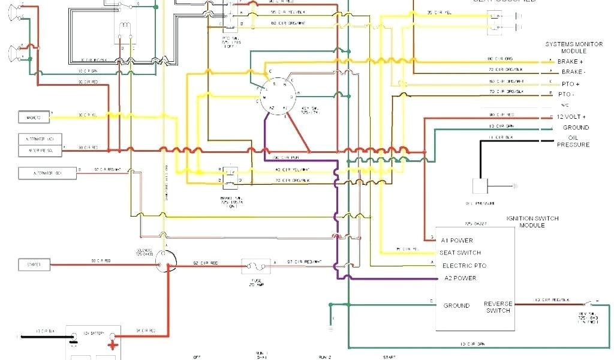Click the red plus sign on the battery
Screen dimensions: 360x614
(112, 344)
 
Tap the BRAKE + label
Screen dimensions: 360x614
(570, 61)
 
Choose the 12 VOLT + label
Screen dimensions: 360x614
(571, 116)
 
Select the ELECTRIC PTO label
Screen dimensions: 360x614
(463, 265)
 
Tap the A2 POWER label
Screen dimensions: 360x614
(460, 278)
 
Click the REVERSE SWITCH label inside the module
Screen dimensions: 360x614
(498, 307)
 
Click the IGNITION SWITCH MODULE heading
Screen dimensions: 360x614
(534, 222)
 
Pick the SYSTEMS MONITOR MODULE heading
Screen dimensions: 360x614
(573, 47)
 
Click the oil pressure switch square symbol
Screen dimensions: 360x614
(480, 187)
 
